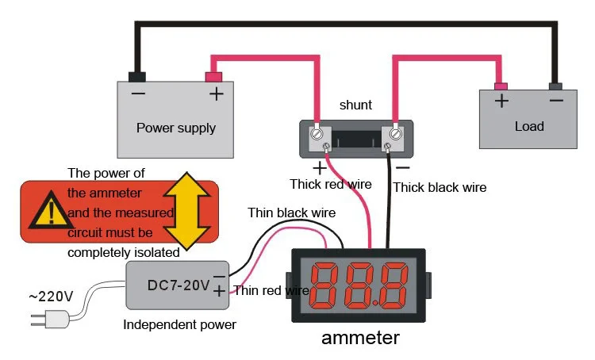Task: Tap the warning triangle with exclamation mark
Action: pyautogui.click(x=51, y=211)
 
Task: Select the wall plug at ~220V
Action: pyautogui.click(x=50, y=319)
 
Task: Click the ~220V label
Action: pyautogui.click(x=51, y=297)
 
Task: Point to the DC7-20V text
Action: pyautogui.click(x=178, y=285)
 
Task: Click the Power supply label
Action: pyautogui.click(x=176, y=128)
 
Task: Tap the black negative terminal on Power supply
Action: pyautogui.click(x=137, y=77)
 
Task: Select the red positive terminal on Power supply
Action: pyautogui.click(x=213, y=77)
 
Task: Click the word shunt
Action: pyautogui.click(x=355, y=105)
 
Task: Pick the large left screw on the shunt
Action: pyautogui.click(x=317, y=134)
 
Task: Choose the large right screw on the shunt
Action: pyautogui.click(x=396, y=134)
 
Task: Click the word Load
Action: pyautogui.click(x=529, y=126)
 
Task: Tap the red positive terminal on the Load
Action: pyautogui.click(x=501, y=86)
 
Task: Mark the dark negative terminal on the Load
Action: pyautogui.click(x=555, y=86)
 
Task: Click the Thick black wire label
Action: pyautogui.click(x=440, y=187)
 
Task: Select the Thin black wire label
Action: pyautogui.click(x=291, y=213)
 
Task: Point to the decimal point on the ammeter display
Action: pyautogui.click(x=376, y=303)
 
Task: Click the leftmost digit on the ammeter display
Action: pyautogui.click(x=324, y=285)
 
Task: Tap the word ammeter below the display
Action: pyautogui.click(x=360, y=338)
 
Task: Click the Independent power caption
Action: pyautogui.click(x=179, y=325)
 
